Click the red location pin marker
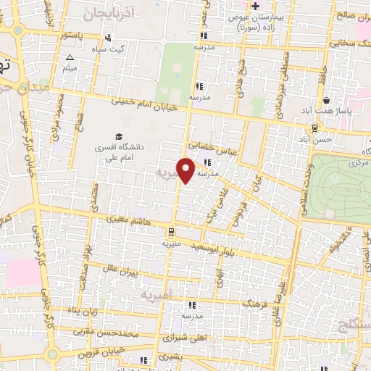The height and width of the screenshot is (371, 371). click(187, 170)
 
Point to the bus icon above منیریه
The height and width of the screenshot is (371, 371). click(171, 232)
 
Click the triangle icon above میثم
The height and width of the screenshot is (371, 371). click(70, 57)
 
